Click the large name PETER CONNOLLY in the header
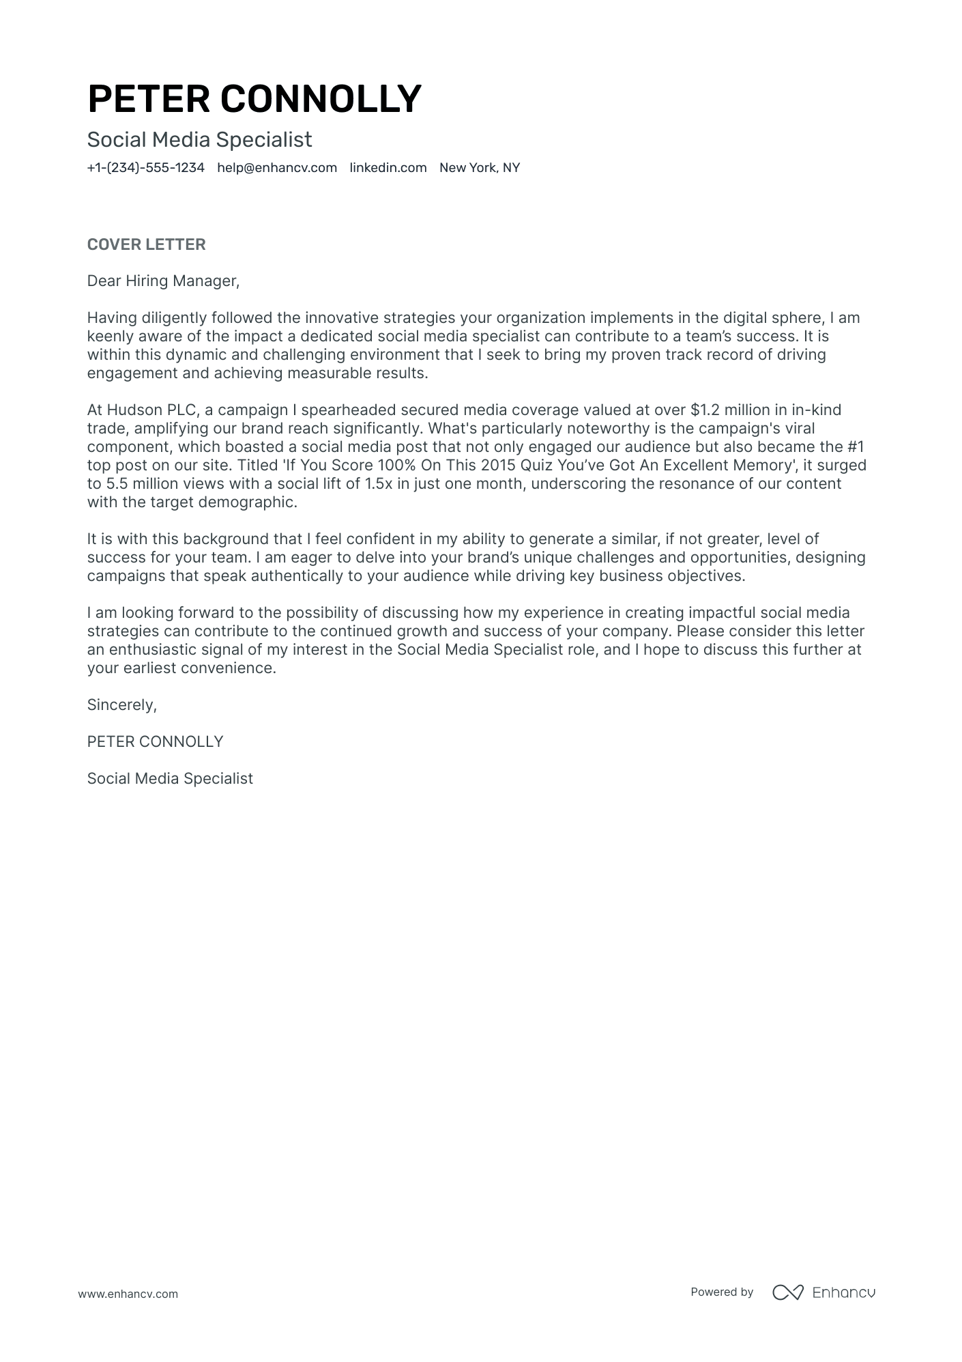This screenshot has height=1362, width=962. click(x=254, y=99)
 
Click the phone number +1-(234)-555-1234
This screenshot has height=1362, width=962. click(x=145, y=168)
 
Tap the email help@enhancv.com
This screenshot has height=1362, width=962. click(x=277, y=168)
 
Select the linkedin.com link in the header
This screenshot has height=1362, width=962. click(x=388, y=168)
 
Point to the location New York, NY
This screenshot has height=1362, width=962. click(x=479, y=168)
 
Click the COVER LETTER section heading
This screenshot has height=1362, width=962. click(x=146, y=244)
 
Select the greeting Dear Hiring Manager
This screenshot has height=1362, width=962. click(x=163, y=281)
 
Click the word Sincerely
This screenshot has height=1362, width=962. click(x=121, y=705)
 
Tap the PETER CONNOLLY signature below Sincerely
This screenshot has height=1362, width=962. click(x=155, y=742)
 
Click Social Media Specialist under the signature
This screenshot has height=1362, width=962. click(x=170, y=779)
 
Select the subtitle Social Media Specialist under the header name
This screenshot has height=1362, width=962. click(x=199, y=140)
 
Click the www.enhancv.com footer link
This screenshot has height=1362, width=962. click(x=128, y=1294)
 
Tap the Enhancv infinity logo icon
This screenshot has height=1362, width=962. click(x=787, y=1292)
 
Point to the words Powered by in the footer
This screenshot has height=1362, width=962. click(x=721, y=1292)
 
